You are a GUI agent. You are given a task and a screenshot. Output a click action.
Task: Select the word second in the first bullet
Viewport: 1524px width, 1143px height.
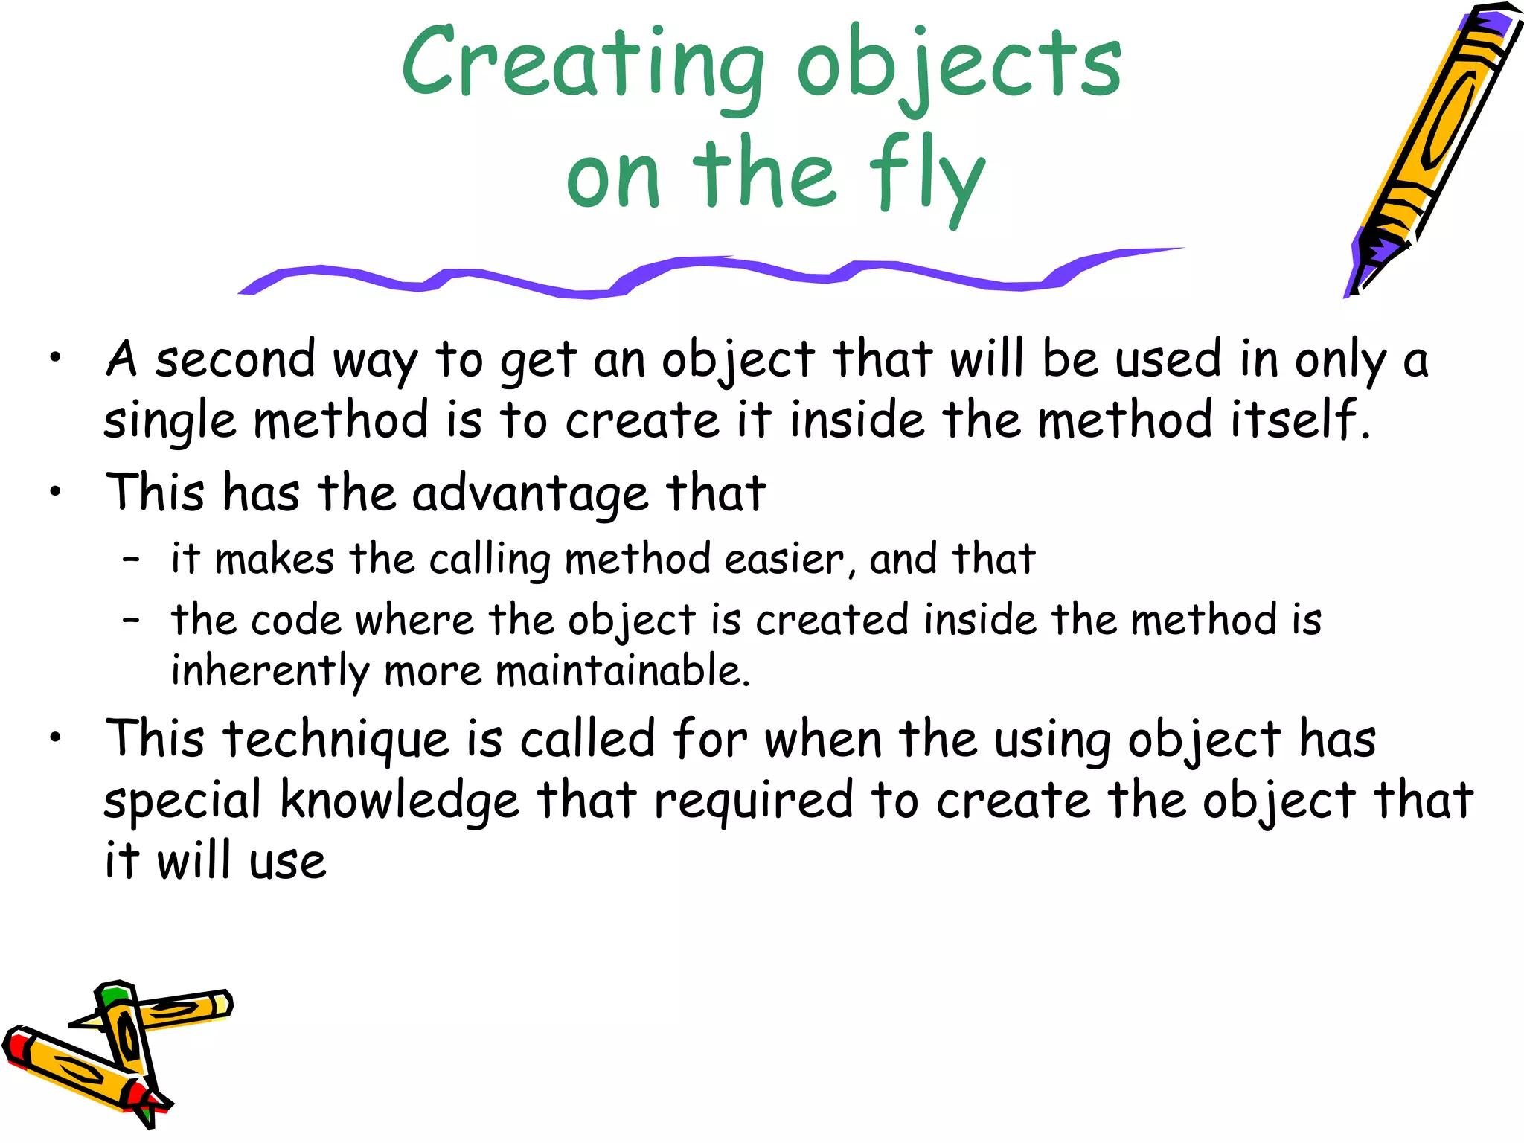coord(235,360)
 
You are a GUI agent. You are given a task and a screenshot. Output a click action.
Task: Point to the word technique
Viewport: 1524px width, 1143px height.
coord(336,740)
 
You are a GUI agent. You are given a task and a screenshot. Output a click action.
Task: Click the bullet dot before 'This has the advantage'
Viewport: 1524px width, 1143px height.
coord(55,492)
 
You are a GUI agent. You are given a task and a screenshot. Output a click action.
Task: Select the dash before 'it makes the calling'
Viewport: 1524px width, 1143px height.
coord(132,559)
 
